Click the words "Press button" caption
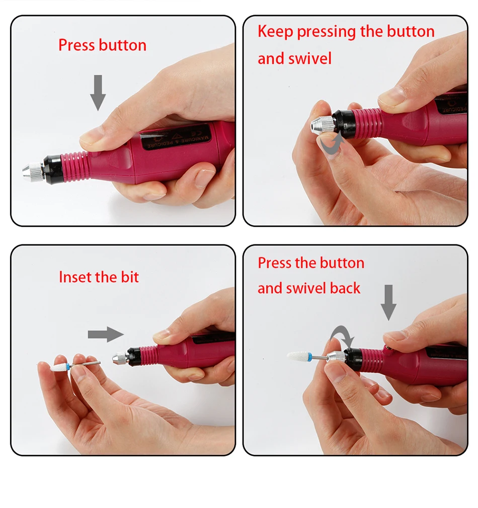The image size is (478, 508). (103, 45)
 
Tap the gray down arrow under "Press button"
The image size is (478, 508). (98, 93)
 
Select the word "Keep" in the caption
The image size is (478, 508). (275, 32)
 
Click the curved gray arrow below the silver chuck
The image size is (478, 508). (331, 144)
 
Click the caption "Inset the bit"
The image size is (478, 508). (99, 277)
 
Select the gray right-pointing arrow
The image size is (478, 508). (106, 334)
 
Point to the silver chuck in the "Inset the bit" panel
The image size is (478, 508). (121, 358)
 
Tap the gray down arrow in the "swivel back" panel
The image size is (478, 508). (388, 303)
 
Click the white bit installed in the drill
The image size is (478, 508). (297, 356)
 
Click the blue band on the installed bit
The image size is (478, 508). (310, 357)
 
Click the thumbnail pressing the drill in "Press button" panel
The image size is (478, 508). (89, 138)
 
